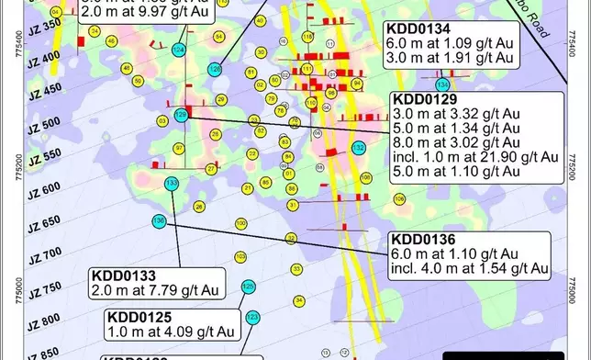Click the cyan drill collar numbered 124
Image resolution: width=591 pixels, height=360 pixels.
(x=179, y=48)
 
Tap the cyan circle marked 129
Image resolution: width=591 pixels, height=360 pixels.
(x=182, y=115)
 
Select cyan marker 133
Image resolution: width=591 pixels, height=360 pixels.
(x=172, y=185)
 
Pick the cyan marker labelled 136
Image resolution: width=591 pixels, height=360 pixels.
(x=159, y=220)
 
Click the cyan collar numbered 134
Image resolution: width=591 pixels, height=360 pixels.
(x=442, y=84)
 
